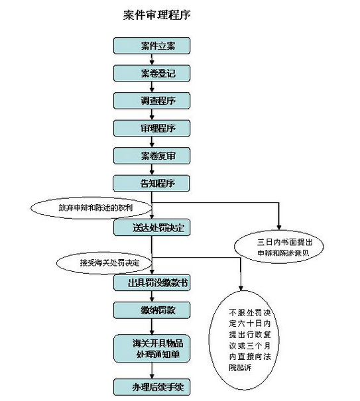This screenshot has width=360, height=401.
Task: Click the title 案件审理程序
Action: [157, 15]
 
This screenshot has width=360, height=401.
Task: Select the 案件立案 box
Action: [152, 46]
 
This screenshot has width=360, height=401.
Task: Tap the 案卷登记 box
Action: [152, 74]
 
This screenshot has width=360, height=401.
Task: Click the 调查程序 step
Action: [152, 101]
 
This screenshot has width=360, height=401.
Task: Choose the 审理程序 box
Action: [152, 128]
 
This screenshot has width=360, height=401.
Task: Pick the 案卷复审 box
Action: [152, 156]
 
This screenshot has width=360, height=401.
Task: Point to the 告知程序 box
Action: [151, 183]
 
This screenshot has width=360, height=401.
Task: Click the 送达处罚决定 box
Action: [152, 227]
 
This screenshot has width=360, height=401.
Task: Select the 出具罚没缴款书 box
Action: [152, 282]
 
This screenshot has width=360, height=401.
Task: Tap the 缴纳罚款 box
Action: [152, 310]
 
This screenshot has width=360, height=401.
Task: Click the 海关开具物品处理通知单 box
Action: [152, 349]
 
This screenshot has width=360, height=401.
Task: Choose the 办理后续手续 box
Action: [152, 387]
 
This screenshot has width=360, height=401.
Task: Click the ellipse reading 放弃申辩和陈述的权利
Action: [91, 207]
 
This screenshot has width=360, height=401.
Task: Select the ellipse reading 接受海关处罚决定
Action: [104, 263]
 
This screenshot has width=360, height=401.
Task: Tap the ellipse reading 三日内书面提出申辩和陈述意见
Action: [279, 247]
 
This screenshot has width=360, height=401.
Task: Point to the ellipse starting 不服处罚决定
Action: [244, 341]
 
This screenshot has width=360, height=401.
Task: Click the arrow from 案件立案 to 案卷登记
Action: [152, 60]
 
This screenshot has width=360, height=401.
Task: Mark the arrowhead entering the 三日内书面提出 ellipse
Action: [279, 227]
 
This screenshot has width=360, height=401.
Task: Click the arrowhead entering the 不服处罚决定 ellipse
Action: [241, 288]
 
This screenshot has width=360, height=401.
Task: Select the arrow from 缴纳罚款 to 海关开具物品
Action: [152, 327]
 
